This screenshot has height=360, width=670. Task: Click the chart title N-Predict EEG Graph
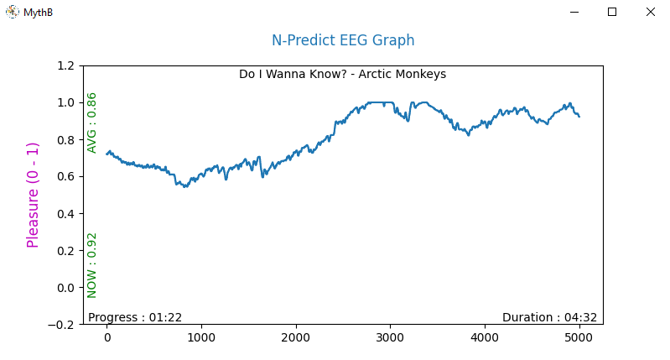coord(342,40)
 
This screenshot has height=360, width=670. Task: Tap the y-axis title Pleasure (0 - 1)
coord(34,195)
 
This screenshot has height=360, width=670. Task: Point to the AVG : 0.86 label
coord(92,123)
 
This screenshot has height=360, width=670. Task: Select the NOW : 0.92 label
coord(92,265)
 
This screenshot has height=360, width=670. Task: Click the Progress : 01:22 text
coord(135,317)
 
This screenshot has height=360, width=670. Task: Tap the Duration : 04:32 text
coord(549,317)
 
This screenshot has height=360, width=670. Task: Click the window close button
coord(650,12)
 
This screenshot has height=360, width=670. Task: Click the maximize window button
coord(612,12)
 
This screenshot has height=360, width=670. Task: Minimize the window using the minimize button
coord(574,12)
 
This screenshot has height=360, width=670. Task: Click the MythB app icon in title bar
coord(13,12)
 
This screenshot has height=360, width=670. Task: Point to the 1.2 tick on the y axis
coord(65,65)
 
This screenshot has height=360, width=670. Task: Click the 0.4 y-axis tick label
coord(65,213)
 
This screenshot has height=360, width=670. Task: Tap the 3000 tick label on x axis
coord(390,338)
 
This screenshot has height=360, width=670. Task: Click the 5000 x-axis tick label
coord(579,338)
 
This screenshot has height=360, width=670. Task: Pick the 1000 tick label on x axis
coord(201,338)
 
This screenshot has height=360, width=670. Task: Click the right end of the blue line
coord(579,117)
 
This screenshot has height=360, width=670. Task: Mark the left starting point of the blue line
coord(107,153)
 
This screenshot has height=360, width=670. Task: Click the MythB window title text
coord(38,13)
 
